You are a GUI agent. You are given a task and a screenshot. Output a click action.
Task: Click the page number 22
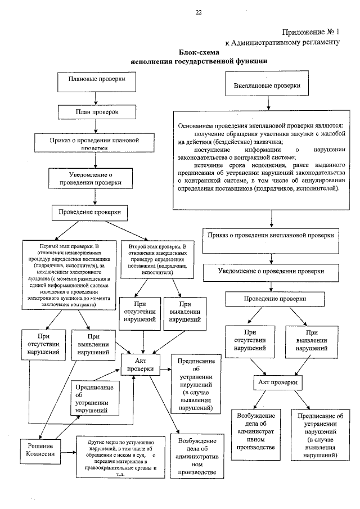(x=198, y=12)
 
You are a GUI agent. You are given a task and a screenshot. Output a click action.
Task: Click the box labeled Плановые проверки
(x=96, y=80)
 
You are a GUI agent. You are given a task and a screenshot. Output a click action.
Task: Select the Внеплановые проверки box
(x=267, y=87)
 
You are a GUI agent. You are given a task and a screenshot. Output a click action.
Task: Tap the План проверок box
(x=97, y=112)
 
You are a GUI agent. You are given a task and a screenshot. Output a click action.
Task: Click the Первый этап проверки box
(x=68, y=274)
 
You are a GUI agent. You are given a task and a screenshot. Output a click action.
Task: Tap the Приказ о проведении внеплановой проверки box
(x=271, y=235)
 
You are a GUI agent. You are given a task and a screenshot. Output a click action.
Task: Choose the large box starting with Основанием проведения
(x=263, y=159)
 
